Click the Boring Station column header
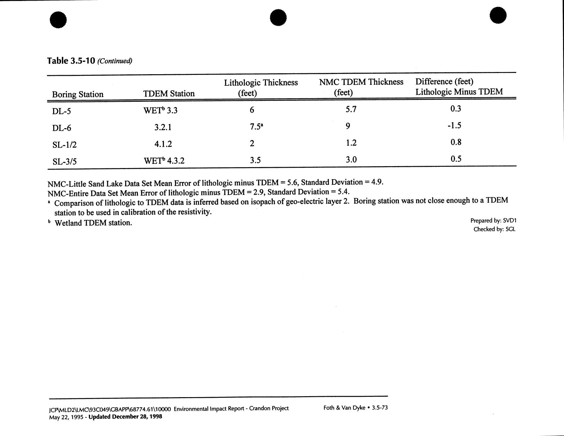(x=77, y=94)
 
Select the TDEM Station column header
(x=169, y=94)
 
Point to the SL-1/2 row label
(x=64, y=145)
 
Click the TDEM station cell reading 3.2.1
(x=163, y=127)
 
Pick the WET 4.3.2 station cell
(x=164, y=161)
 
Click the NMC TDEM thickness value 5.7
(x=351, y=109)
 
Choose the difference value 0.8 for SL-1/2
(x=456, y=142)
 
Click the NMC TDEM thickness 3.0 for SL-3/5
(x=351, y=160)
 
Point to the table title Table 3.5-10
(x=71, y=61)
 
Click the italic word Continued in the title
(x=115, y=61)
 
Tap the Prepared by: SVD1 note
(x=493, y=221)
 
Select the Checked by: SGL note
(x=494, y=229)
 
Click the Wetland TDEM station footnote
(x=93, y=223)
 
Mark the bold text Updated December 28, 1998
(x=125, y=417)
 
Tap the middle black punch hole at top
(x=278, y=17)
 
